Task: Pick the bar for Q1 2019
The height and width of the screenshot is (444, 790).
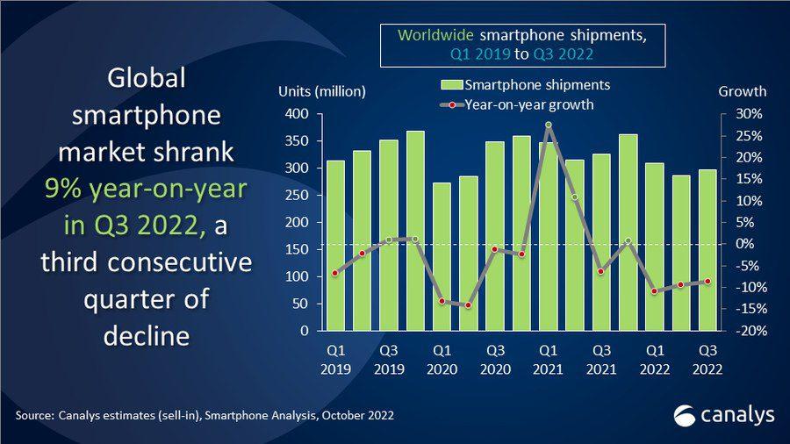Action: pyautogui.click(x=334, y=246)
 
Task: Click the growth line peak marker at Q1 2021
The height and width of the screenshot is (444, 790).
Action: pyautogui.click(x=548, y=125)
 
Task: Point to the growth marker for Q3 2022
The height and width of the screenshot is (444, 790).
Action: pyautogui.click(x=707, y=282)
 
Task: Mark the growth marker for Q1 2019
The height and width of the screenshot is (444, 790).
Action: pyautogui.click(x=334, y=274)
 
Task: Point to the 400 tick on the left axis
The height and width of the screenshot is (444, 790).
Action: pyautogui.click(x=298, y=114)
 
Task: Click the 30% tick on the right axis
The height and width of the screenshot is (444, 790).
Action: pyautogui.click(x=736, y=114)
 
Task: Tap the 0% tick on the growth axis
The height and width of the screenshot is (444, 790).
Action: pyautogui.click(x=736, y=244)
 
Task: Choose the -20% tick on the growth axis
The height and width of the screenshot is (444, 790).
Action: pyautogui.click(x=736, y=331)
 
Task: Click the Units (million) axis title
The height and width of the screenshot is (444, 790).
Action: pyautogui.click(x=321, y=91)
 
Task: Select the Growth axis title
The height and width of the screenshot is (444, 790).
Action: pyautogui.click(x=742, y=91)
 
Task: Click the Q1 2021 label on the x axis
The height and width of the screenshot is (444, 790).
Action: pyautogui.click(x=548, y=359)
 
